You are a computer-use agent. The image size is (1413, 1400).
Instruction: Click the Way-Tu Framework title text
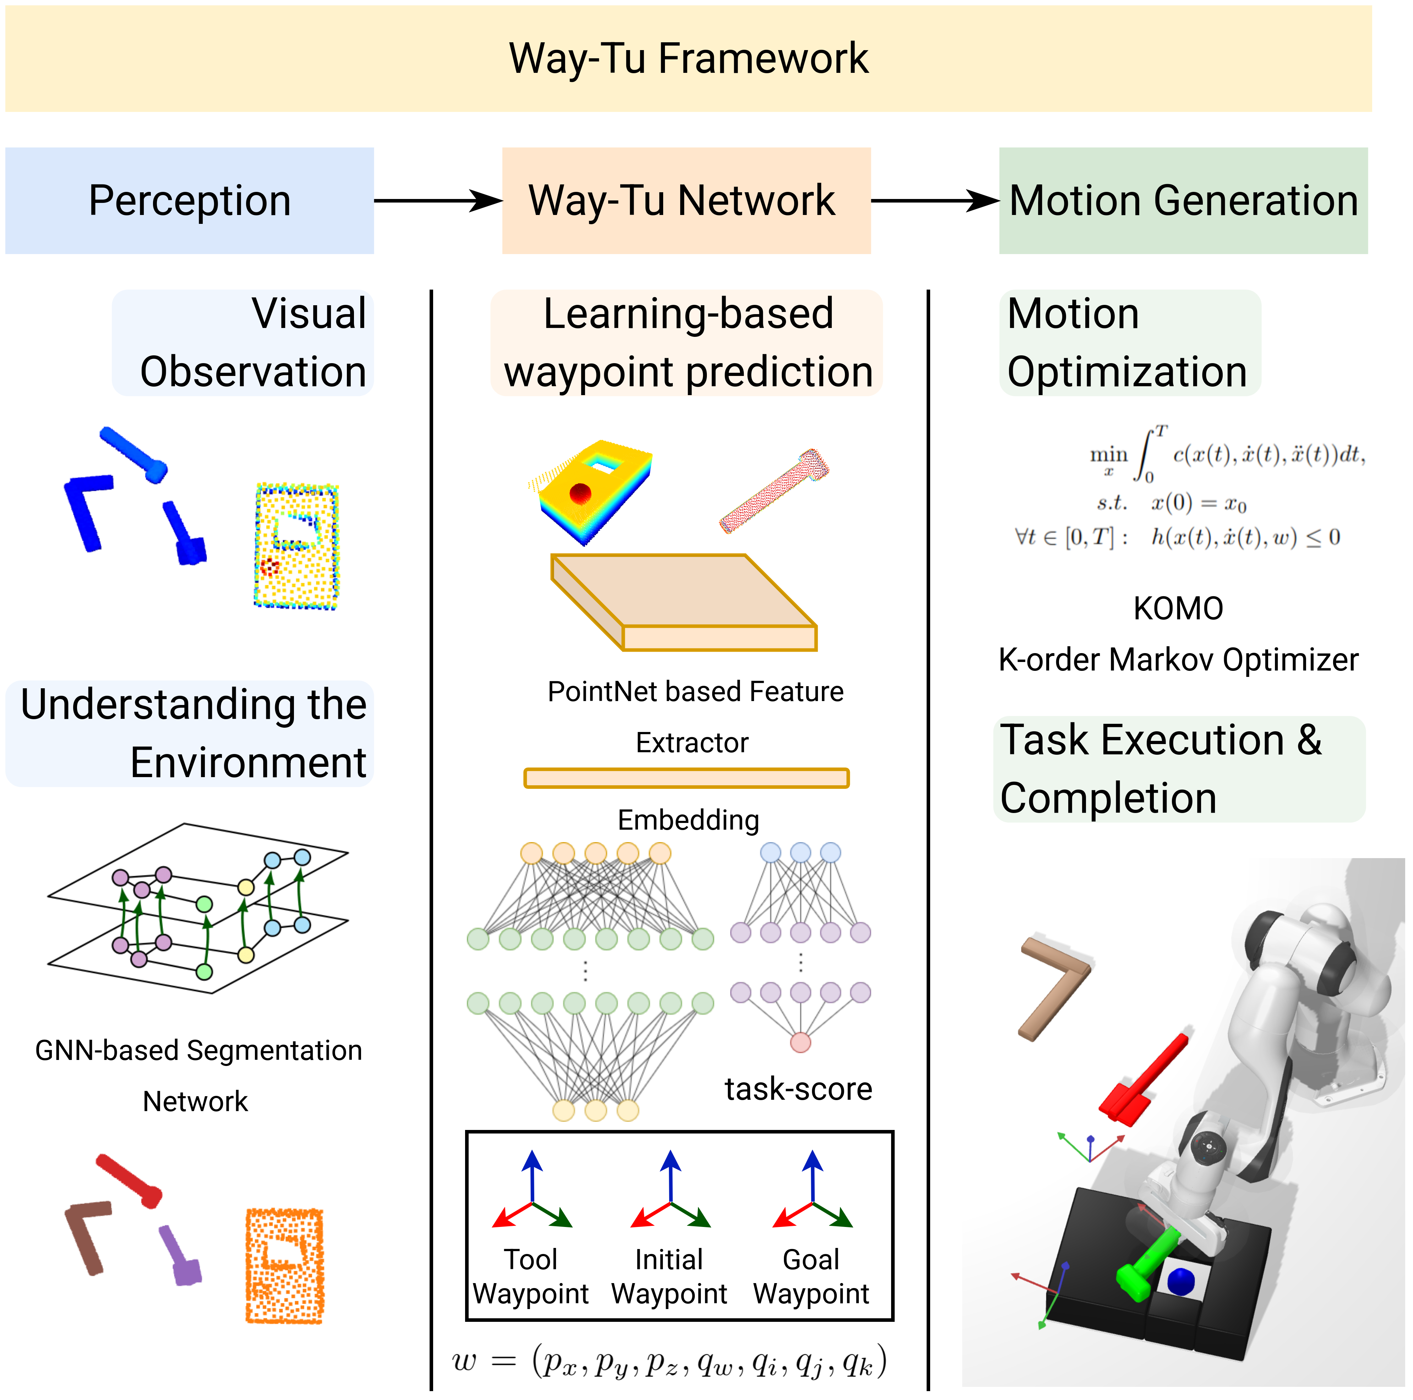click(688, 59)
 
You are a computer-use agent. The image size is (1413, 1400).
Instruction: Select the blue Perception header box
click(190, 200)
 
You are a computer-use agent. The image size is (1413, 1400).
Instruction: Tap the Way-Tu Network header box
click(686, 200)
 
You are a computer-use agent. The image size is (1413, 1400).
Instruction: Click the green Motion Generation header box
click(1183, 200)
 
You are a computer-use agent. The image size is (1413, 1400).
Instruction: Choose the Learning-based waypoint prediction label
click(687, 343)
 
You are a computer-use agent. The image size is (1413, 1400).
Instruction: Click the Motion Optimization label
click(1129, 343)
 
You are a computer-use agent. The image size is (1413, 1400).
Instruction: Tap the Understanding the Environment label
click(192, 733)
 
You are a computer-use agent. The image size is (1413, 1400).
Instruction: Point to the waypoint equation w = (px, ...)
click(669, 1363)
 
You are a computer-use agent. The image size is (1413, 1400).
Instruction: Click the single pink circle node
click(800, 1042)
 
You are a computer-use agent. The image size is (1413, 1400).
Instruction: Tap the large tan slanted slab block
click(684, 602)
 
